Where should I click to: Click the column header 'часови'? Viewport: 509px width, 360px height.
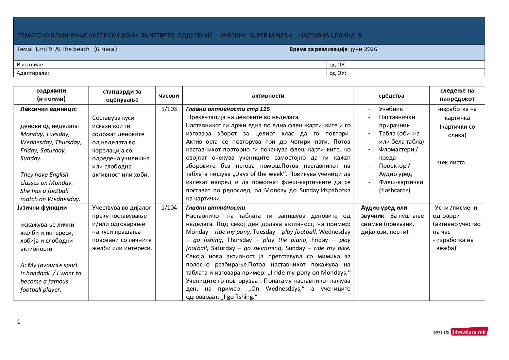click(169, 96)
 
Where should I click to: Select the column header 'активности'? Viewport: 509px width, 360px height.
click(268, 96)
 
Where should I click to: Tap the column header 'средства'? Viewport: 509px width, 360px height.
click(391, 96)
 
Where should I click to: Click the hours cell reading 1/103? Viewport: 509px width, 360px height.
click(169, 109)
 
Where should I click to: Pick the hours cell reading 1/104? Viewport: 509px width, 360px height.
click(169, 208)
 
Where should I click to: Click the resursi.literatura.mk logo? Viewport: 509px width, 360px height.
click(460, 332)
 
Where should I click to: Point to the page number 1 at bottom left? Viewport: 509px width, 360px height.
click(19, 322)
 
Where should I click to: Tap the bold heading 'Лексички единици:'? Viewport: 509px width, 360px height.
click(49, 109)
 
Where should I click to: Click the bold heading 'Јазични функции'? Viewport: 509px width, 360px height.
click(42, 208)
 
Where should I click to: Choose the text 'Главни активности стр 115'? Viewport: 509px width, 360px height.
click(228, 109)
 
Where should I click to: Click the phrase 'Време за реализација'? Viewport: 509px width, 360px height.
click(319, 49)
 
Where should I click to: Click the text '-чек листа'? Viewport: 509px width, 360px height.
click(451, 162)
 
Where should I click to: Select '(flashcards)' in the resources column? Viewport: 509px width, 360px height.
click(394, 190)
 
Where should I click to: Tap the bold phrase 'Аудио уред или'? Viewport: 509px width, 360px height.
click(384, 208)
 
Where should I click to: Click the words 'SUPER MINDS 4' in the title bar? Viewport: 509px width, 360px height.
click(271, 35)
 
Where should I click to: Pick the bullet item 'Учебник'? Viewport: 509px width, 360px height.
click(391, 109)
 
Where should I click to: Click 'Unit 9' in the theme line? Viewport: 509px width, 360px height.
click(44, 49)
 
